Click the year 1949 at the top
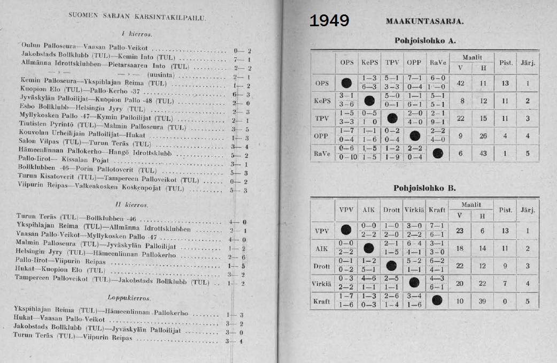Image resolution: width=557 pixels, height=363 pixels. coord(329,21)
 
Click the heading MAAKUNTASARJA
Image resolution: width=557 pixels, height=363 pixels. coord(424,21)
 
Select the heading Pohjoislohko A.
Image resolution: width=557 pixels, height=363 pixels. coord(425,40)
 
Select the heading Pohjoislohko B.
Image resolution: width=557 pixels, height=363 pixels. coord(424,188)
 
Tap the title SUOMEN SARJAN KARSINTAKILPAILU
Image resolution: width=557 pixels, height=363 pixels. coord(137,17)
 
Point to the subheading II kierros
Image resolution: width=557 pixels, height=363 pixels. coord(131,205)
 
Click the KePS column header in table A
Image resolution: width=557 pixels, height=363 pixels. coord(369,62)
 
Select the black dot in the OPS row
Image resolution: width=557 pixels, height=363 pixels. coord(346,83)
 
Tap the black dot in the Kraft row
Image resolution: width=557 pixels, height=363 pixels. coord(437,300)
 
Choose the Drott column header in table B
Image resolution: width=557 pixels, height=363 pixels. coord(392,209)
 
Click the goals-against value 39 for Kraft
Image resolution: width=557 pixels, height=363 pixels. coord(483,301)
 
